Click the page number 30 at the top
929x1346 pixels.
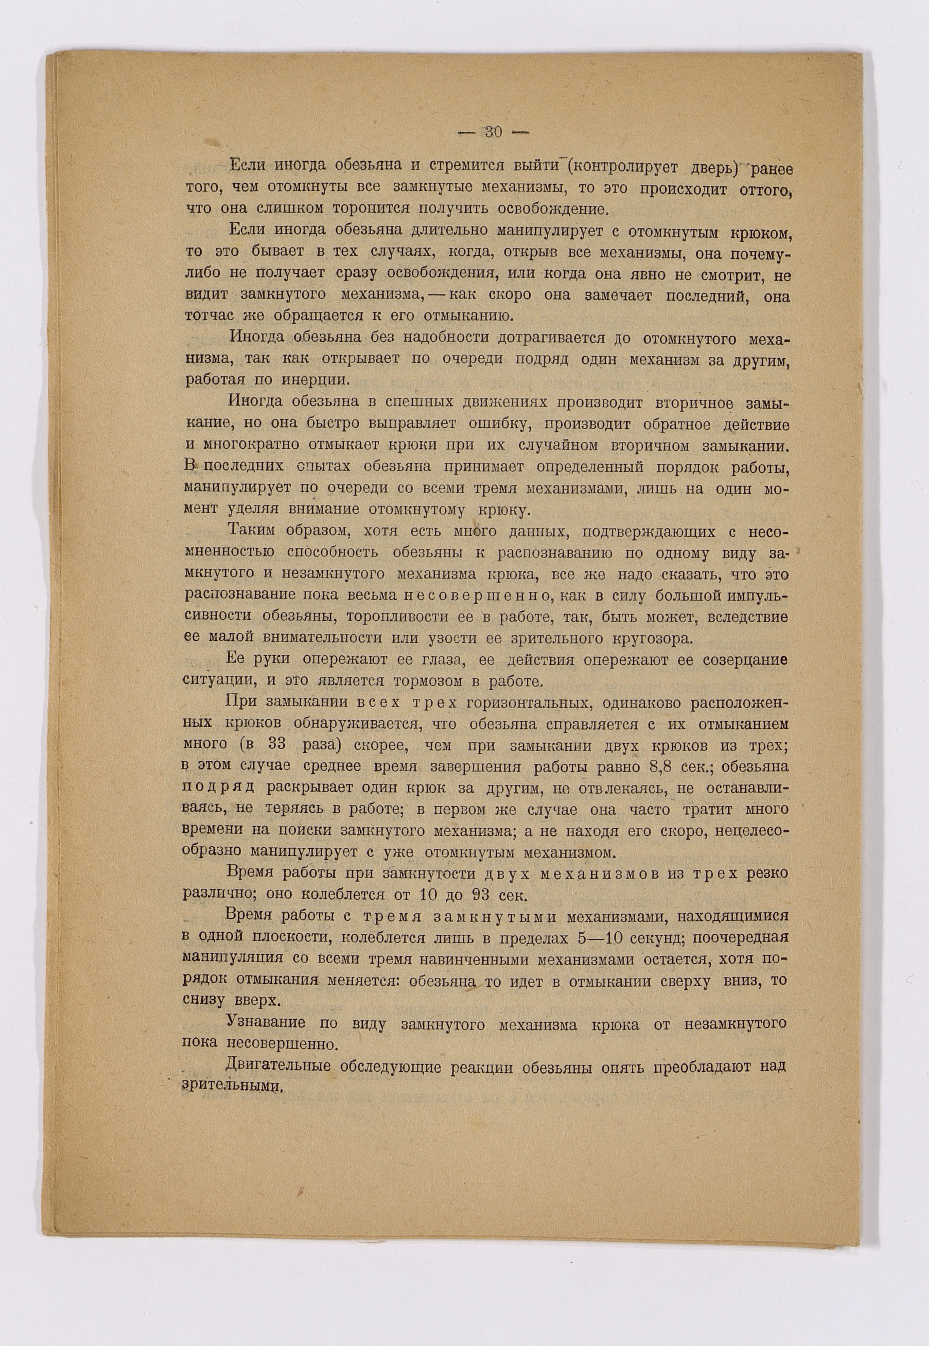[492, 132]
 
